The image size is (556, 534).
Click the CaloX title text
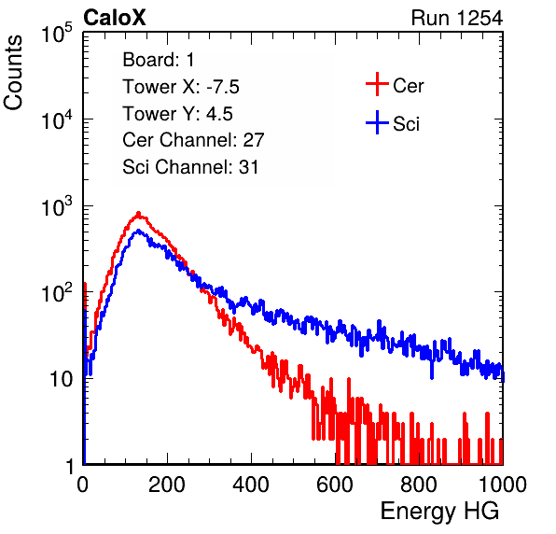[x=115, y=18]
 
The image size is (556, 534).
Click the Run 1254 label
[x=457, y=18]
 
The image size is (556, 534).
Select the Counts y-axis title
[x=13, y=73]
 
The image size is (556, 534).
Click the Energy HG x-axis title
[x=439, y=511]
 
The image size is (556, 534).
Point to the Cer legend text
[x=408, y=86]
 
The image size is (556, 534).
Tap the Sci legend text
[x=406, y=124]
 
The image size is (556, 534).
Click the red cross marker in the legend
[x=377, y=84]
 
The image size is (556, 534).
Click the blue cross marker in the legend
[x=377, y=122]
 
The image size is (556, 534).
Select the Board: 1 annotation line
[x=159, y=60]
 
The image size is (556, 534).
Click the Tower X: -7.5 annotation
[x=181, y=87]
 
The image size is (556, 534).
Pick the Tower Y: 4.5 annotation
[x=177, y=114]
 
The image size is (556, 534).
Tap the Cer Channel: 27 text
[x=193, y=140]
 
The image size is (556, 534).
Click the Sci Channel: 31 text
[x=190, y=167]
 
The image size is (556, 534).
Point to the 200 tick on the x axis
[x=167, y=485]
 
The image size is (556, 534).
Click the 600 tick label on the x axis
[x=335, y=485]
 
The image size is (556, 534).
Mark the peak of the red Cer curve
[x=139, y=214]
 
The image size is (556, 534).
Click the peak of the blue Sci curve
[x=139, y=231]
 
